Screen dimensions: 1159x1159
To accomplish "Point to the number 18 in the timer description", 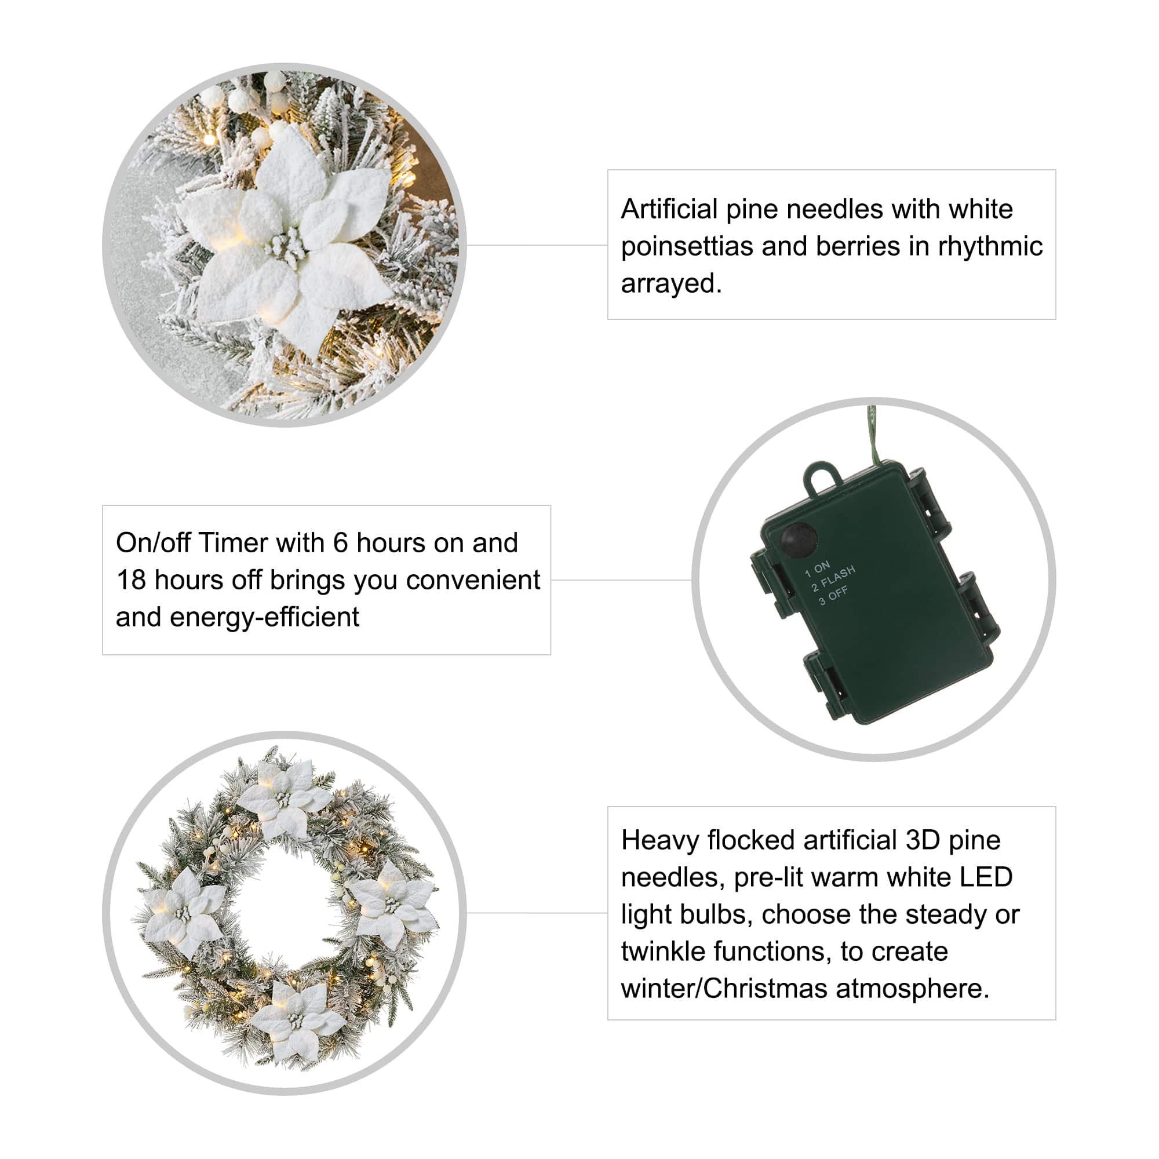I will (x=131, y=580).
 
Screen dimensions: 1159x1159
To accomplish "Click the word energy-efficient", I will (x=265, y=617).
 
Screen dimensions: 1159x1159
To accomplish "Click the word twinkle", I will (x=658, y=952).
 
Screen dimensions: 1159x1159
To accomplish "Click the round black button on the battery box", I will (x=799, y=540).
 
